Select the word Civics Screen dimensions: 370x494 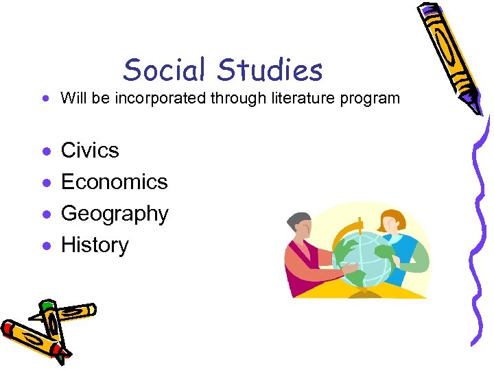(90, 150)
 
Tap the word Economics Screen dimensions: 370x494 (114, 182)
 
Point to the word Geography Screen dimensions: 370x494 (115, 214)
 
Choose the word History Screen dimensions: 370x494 (95, 245)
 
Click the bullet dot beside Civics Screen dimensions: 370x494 (45, 151)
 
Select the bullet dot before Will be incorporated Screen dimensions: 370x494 (45, 99)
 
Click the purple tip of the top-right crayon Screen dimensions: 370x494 (474, 104)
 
